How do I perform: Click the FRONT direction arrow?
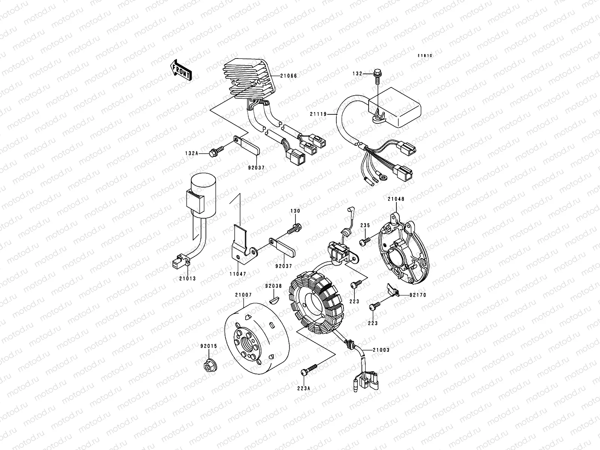point(181,70)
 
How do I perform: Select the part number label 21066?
point(288,76)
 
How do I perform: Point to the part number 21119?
point(318,114)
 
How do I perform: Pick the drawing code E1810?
point(425,56)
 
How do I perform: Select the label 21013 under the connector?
point(187,279)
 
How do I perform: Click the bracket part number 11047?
point(238,274)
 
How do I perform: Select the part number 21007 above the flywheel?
point(243,295)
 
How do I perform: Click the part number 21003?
point(381,350)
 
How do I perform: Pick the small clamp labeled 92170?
point(393,290)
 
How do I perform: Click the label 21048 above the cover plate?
point(396,199)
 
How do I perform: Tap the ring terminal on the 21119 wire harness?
point(384,178)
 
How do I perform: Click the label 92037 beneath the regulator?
point(256,168)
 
